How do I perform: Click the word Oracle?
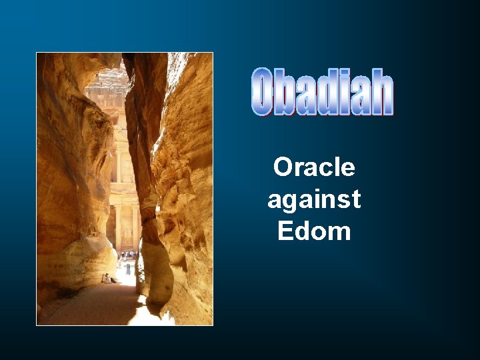[x=314, y=167]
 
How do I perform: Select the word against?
[x=314, y=199]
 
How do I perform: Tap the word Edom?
[x=314, y=231]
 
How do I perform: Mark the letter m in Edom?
[x=339, y=233]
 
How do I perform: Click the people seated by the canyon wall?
[x=107, y=278]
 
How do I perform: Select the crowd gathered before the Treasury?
[x=127, y=254]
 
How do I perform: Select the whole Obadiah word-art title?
[x=323, y=92]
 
